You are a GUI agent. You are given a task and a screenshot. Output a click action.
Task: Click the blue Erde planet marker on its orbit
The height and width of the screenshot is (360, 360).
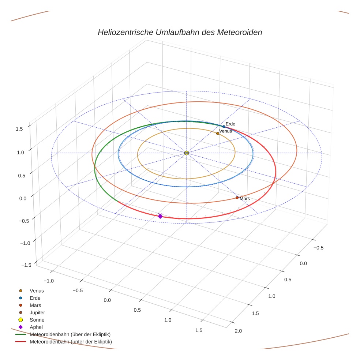tap(224, 127)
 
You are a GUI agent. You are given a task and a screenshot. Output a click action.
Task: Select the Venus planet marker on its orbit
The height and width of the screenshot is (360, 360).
tap(218, 134)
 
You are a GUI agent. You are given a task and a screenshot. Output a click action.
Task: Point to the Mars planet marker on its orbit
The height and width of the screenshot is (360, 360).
tap(237, 198)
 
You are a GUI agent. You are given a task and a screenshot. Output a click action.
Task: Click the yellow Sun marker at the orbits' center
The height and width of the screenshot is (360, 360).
tap(187, 153)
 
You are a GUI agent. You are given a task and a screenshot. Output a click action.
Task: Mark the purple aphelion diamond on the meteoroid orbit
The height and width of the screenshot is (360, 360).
tap(160, 216)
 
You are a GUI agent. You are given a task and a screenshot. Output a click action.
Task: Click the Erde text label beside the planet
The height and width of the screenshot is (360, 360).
tap(230, 124)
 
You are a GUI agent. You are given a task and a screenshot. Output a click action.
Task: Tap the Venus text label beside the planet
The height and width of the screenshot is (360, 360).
tap(225, 131)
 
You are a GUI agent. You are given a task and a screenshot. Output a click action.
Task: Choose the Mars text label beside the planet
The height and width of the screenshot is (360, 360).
tap(245, 199)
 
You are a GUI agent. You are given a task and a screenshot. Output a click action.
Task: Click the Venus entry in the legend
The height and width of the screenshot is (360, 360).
tap(37, 291)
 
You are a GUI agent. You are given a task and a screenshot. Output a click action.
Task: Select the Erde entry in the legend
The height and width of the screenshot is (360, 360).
tap(35, 298)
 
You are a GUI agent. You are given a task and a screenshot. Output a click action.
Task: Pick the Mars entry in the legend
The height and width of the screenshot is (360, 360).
tap(35, 305)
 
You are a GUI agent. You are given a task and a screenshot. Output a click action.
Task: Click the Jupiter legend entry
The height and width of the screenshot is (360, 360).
tap(37, 312)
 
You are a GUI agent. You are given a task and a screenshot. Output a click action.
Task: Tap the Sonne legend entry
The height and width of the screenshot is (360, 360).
tap(37, 320)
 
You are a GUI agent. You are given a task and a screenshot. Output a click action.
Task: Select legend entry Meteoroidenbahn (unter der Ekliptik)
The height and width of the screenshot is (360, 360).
tap(71, 342)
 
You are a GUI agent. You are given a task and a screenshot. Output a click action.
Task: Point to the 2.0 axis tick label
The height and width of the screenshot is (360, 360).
tap(238, 331)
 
